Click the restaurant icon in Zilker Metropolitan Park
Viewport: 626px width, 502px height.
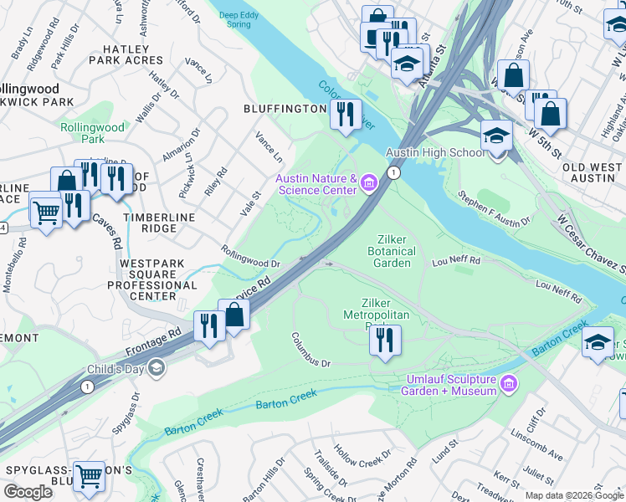(384, 340)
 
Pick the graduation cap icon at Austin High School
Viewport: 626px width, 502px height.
(496, 136)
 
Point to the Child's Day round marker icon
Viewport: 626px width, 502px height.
(158, 369)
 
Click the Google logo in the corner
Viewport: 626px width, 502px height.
(28, 492)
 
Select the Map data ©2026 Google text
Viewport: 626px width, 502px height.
(574, 495)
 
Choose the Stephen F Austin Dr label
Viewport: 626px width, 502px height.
(494, 207)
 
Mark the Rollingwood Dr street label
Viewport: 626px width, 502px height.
(249, 256)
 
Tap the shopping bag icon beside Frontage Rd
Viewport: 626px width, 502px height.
(234, 316)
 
